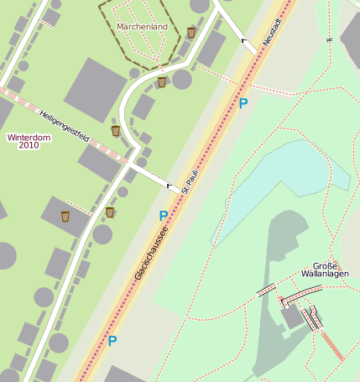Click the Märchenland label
coord(143,27)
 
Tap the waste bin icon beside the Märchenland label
coord(191,33)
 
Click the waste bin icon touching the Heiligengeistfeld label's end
coord(116,131)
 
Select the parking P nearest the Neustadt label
coord(243,103)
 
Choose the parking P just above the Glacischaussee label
coord(164,216)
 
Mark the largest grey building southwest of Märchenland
coord(95,90)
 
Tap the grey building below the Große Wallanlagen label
coord(292,317)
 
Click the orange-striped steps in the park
coord(331,345)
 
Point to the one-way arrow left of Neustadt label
coord(244,39)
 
